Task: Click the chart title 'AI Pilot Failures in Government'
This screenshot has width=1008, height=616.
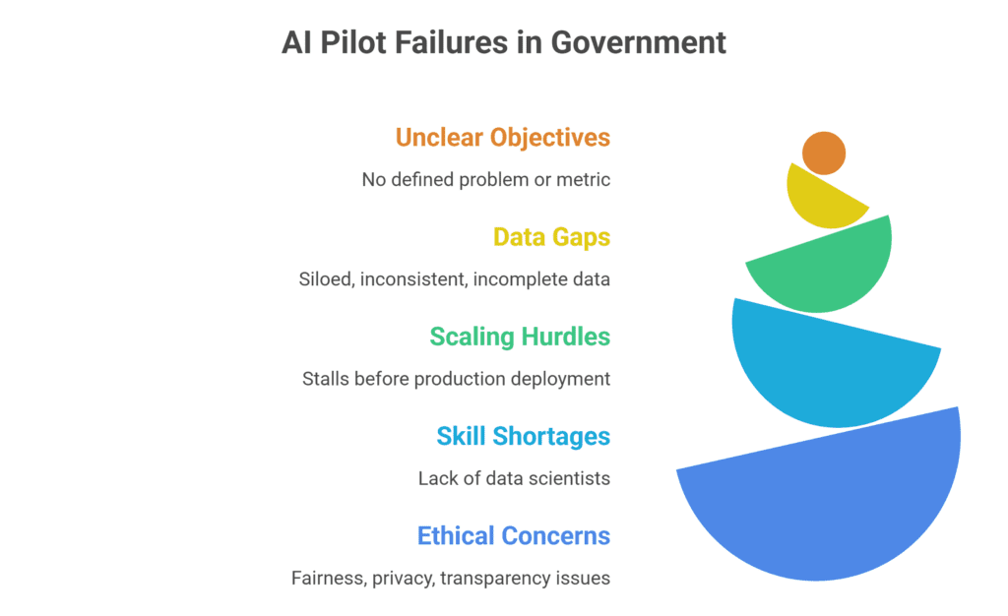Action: point(504,42)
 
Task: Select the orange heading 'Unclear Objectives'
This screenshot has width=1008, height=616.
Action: point(503,137)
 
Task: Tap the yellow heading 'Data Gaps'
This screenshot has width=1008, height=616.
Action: point(551,237)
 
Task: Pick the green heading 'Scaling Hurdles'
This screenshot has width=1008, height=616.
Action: point(520,337)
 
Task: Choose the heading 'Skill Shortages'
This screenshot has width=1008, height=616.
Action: point(523,436)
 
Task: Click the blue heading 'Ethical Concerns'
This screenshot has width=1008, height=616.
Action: point(514,535)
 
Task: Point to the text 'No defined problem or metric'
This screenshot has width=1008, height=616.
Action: point(486,179)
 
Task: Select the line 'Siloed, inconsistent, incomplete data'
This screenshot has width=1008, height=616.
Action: point(455,279)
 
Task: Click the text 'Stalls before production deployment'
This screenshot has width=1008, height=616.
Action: point(457,379)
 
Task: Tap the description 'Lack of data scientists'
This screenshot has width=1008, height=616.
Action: point(514,478)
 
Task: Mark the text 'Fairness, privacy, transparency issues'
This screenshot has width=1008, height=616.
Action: point(451,578)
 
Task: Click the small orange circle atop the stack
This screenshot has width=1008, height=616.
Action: point(824,153)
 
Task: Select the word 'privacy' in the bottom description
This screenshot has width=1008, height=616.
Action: point(404,578)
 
